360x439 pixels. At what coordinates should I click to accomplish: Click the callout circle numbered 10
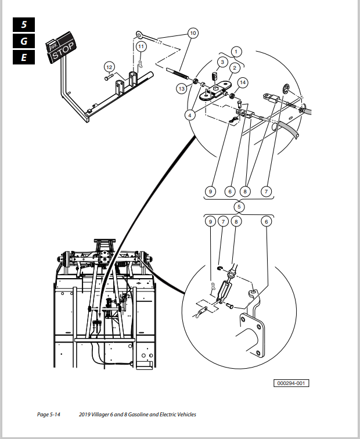click(193, 33)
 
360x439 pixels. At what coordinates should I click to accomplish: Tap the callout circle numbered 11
click(141, 46)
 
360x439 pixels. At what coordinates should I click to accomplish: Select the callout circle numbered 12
click(109, 67)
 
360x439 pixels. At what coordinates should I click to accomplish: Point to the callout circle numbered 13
click(182, 89)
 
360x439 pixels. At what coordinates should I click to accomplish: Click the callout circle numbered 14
click(243, 82)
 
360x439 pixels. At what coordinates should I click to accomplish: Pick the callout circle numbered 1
click(236, 52)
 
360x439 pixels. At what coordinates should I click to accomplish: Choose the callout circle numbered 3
click(222, 62)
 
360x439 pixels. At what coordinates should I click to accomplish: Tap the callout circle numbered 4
click(190, 115)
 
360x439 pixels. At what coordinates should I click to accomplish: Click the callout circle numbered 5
click(239, 207)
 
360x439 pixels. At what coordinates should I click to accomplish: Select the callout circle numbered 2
click(235, 68)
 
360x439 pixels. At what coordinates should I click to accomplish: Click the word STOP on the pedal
click(63, 52)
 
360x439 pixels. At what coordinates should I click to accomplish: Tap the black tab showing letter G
click(24, 41)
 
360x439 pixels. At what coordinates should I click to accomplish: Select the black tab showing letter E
click(24, 57)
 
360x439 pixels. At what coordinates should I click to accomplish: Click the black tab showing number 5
click(24, 24)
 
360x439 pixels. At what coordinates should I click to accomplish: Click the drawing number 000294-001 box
click(291, 383)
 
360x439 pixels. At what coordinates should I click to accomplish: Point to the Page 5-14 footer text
click(48, 415)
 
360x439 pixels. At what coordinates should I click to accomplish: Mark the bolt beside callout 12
click(109, 77)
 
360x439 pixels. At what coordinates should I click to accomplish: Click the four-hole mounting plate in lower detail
click(253, 335)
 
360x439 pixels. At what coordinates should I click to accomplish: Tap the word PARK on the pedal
click(53, 46)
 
